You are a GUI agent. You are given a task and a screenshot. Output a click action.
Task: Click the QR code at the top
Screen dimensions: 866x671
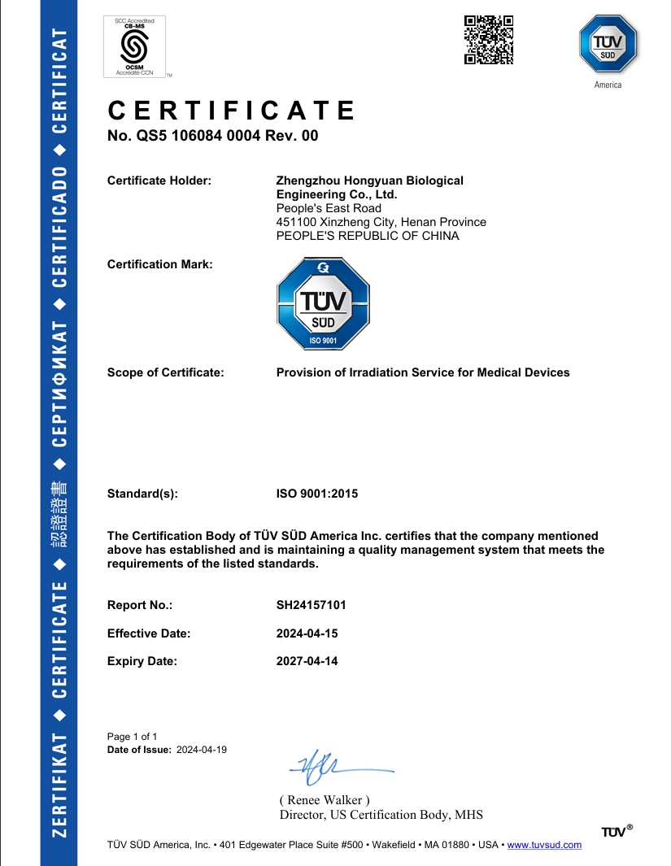pos(489,39)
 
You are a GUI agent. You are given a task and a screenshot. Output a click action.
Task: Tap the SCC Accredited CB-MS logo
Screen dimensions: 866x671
pos(134,46)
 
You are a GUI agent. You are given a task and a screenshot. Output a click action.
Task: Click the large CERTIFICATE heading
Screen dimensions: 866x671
pos(232,111)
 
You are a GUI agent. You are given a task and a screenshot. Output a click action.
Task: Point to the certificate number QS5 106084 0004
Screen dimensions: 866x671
pos(213,136)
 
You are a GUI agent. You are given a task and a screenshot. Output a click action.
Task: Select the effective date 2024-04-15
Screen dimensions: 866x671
pos(307,633)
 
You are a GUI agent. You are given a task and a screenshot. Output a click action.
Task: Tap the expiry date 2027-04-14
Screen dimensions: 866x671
pos(307,661)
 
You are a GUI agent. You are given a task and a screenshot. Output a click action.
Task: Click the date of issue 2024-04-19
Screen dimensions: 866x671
pos(202,750)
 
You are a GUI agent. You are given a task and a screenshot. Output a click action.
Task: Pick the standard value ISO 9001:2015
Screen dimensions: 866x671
pos(317,494)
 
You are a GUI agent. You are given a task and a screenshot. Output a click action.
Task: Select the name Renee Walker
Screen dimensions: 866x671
pos(325,800)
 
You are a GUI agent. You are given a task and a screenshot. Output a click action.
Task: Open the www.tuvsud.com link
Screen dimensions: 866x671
pos(544,845)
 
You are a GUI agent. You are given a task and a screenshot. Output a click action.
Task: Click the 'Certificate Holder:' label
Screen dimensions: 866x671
pos(159,181)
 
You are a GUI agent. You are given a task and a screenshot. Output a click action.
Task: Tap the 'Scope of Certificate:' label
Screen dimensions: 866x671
pos(165,372)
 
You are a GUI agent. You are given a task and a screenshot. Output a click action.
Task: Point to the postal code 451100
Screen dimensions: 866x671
pos(295,222)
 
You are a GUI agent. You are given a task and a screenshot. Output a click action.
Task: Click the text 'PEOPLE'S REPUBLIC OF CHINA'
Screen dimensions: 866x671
pos(368,236)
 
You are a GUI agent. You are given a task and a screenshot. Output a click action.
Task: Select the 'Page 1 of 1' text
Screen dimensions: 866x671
pos(133,737)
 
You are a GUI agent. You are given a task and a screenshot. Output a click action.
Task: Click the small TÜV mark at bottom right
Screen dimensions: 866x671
pos(617,831)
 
